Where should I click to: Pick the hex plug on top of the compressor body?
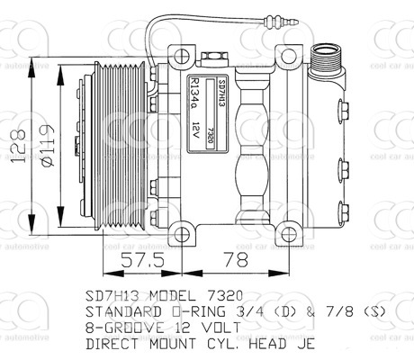click(213, 57)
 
